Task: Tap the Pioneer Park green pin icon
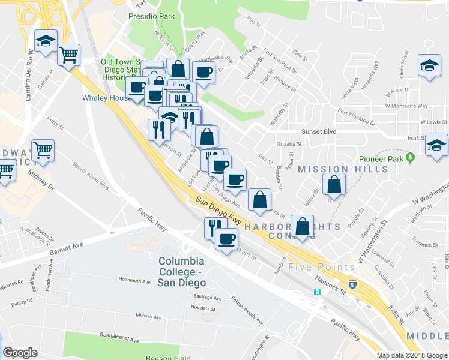[x=411, y=158]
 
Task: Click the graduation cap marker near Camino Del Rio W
[x=46, y=41]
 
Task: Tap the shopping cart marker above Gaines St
[x=70, y=55]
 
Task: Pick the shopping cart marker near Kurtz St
[x=43, y=150]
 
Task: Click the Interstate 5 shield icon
[x=352, y=283]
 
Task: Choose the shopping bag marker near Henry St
[x=334, y=184]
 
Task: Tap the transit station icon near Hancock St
[x=317, y=292]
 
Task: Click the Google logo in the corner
[x=20, y=353]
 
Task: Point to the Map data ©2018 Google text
[x=411, y=355]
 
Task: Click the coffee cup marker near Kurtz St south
[x=226, y=239]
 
